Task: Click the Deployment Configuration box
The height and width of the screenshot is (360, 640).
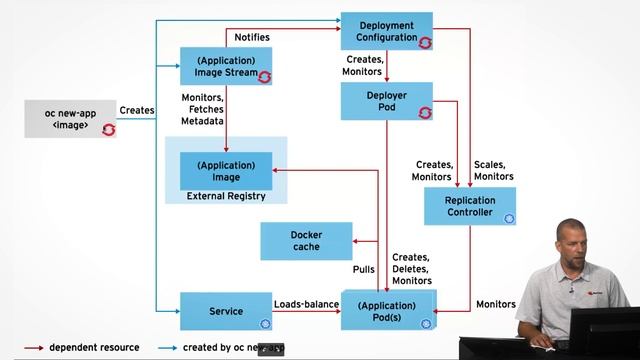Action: [386, 31]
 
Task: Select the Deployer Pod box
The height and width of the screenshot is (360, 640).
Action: [386, 101]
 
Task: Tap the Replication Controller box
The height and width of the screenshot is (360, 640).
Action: [469, 206]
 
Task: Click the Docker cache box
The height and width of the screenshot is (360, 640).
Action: [306, 241]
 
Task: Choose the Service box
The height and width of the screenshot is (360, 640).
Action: [226, 311]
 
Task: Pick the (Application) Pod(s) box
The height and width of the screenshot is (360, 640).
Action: [386, 311]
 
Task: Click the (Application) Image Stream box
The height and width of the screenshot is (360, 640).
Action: [226, 66]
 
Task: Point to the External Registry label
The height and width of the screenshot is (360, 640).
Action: [226, 196]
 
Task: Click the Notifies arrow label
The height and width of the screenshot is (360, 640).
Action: [251, 37]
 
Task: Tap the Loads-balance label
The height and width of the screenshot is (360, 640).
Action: [306, 304]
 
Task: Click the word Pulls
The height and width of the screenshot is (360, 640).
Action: [363, 270]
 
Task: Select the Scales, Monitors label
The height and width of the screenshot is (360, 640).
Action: [494, 170]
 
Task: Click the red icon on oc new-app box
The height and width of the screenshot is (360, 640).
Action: [108, 129]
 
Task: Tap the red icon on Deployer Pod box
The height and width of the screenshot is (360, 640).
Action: [424, 113]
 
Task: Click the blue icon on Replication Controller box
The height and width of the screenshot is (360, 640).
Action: [508, 218]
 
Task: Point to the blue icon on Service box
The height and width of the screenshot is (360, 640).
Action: [265, 323]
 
